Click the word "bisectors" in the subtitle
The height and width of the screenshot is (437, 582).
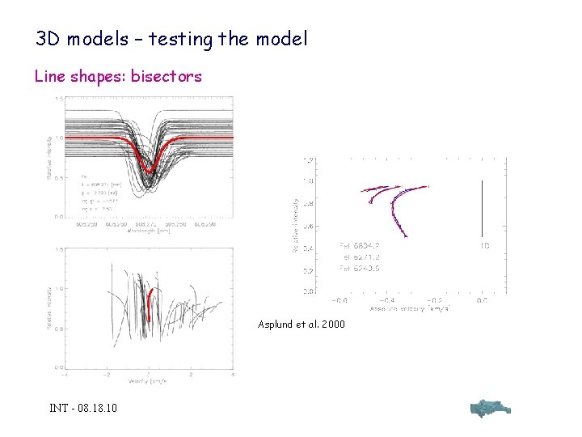[x=167, y=77]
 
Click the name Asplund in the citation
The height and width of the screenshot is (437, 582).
[x=277, y=325]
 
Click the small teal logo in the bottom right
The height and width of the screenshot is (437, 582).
[x=489, y=408]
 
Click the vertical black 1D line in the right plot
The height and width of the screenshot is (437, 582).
[x=482, y=208]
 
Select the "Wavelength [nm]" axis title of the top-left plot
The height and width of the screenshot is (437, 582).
[x=148, y=230]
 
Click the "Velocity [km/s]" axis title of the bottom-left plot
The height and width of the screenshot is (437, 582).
[x=148, y=381]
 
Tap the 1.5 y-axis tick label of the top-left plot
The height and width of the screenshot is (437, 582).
[x=58, y=99]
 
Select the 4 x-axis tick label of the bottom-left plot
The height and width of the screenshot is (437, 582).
[x=233, y=375]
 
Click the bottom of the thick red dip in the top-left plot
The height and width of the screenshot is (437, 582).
[x=149, y=170]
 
